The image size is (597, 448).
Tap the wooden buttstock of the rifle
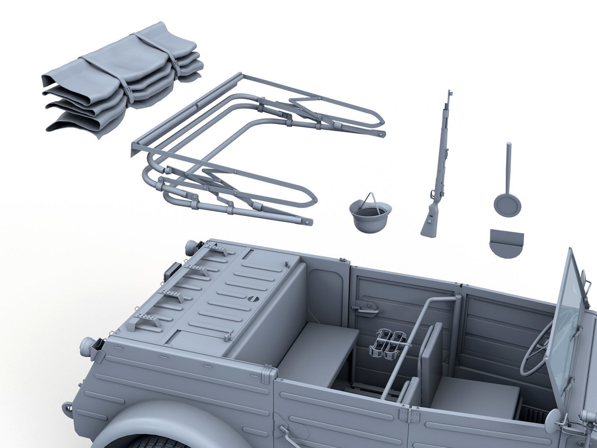430,225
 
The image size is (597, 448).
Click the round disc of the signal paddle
507,205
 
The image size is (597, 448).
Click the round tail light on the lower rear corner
86,346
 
